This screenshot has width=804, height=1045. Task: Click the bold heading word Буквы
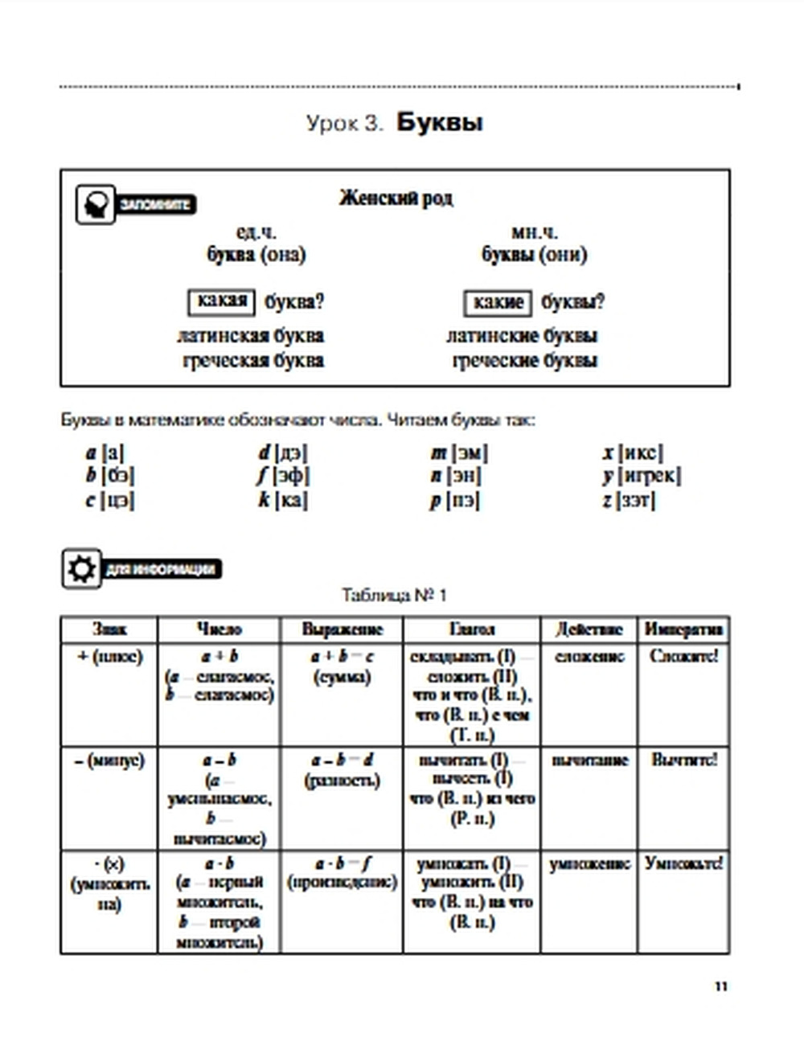coord(439,123)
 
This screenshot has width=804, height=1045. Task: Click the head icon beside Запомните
coord(96,204)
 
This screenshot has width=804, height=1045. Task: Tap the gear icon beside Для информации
coord(81,569)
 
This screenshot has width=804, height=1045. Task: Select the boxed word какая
coord(222,301)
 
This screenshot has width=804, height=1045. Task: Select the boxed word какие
coord(498,303)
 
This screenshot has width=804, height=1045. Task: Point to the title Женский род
coord(396,198)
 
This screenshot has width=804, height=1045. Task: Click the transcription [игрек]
coord(650,476)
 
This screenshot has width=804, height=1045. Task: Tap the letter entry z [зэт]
coord(629,500)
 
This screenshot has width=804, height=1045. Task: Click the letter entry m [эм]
coord(459,453)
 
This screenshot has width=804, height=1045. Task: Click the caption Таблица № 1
coord(394,596)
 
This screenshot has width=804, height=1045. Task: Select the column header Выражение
coord(342,629)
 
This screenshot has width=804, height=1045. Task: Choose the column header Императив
coord(683,629)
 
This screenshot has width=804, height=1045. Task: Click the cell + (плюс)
coord(109,657)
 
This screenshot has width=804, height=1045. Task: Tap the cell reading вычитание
coord(589,760)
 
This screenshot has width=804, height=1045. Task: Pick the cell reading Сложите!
coord(683,656)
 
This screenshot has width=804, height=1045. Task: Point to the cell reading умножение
coord(589,864)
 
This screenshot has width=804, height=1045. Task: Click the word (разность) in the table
coord(342,780)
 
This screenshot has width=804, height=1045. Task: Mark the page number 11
coord(720,986)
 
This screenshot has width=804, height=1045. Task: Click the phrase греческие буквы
coord(524,360)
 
